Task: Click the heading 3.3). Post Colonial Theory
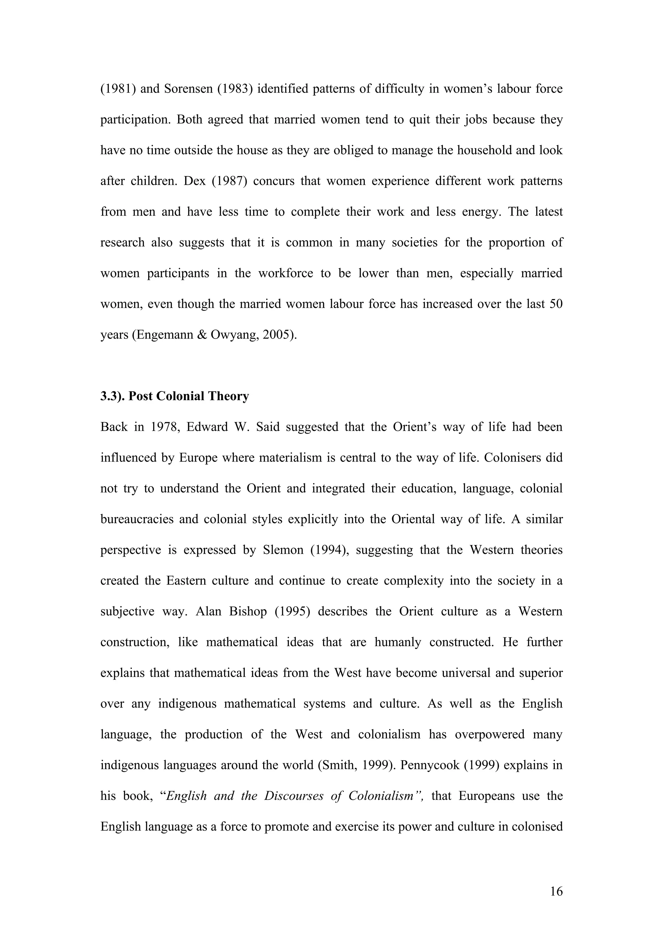(174, 396)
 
